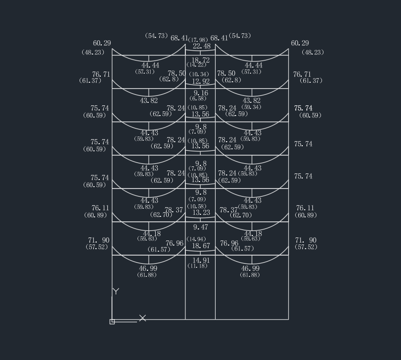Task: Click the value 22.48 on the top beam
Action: point(202,46)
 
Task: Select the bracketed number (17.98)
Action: point(198,40)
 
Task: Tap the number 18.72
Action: point(201,60)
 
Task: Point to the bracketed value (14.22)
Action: point(196,65)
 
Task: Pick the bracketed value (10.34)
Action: point(198,75)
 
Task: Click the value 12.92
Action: point(201,81)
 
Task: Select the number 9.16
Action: point(201,93)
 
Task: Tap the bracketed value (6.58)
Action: point(197,98)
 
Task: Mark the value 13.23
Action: point(201,212)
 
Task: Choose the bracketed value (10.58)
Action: point(196,206)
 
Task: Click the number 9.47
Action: point(201,227)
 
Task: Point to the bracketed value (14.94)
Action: point(196,239)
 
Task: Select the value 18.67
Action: point(201,246)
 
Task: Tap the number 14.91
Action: point(201,260)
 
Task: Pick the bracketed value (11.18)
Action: point(197,266)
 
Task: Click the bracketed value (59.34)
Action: point(251,107)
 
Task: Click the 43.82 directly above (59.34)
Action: point(251,101)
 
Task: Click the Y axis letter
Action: point(116,291)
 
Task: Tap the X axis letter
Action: point(143,318)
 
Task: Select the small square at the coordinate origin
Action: point(112,322)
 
